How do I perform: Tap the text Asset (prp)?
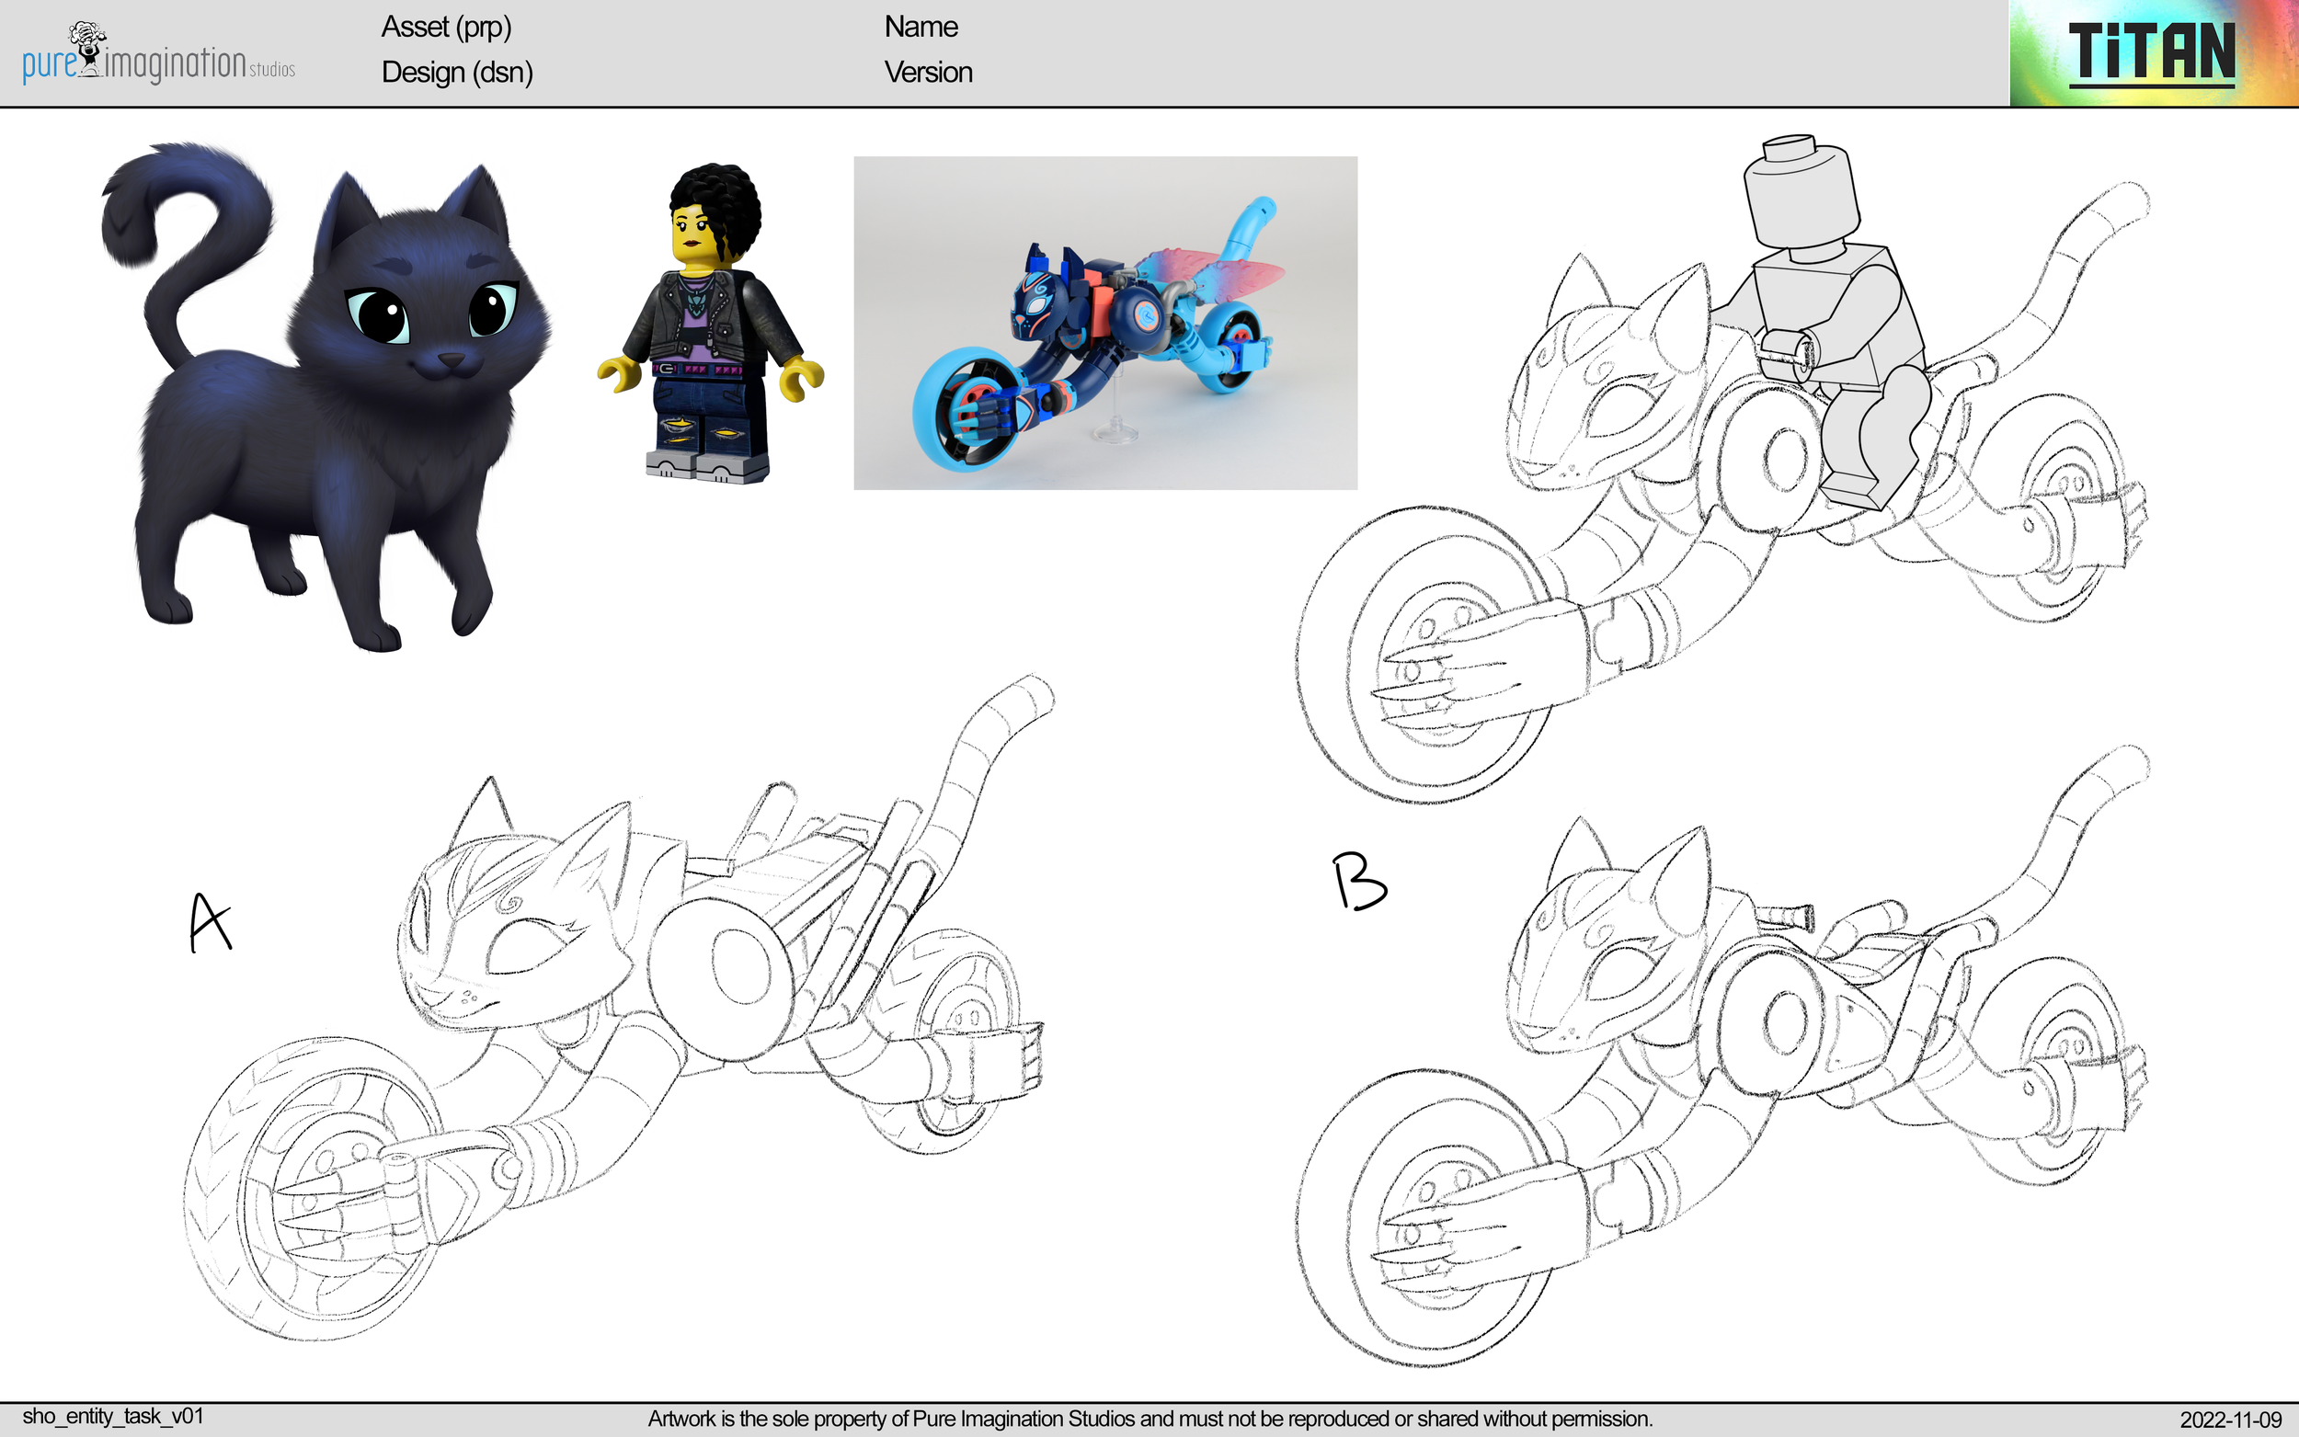click(x=446, y=27)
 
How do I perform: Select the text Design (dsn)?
click(x=456, y=73)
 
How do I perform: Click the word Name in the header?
click(x=920, y=27)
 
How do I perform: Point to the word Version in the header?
click(x=928, y=73)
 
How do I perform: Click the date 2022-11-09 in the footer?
click(x=2230, y=1419)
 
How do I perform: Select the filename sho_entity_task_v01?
click(x=112, y=1416)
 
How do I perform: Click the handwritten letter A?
click(x=209, y=922)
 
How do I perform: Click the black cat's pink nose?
click(x=450, y=361)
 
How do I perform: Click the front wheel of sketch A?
click(x=314, y=1188)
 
